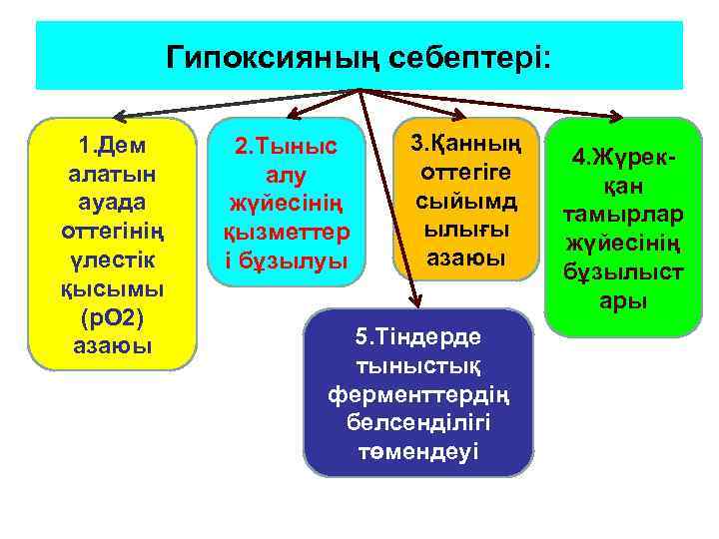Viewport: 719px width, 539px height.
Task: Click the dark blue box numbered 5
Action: click(x=418, y=393)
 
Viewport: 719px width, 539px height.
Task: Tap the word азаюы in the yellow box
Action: click(x=112, y=346)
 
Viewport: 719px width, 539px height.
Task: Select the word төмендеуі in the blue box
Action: click(x=418, y=450)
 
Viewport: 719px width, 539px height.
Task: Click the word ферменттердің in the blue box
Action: click(x=418, y=394)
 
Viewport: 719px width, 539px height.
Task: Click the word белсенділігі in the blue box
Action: click(x=418, y=422)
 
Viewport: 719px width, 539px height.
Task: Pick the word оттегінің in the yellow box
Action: click(x=112, y=232)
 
